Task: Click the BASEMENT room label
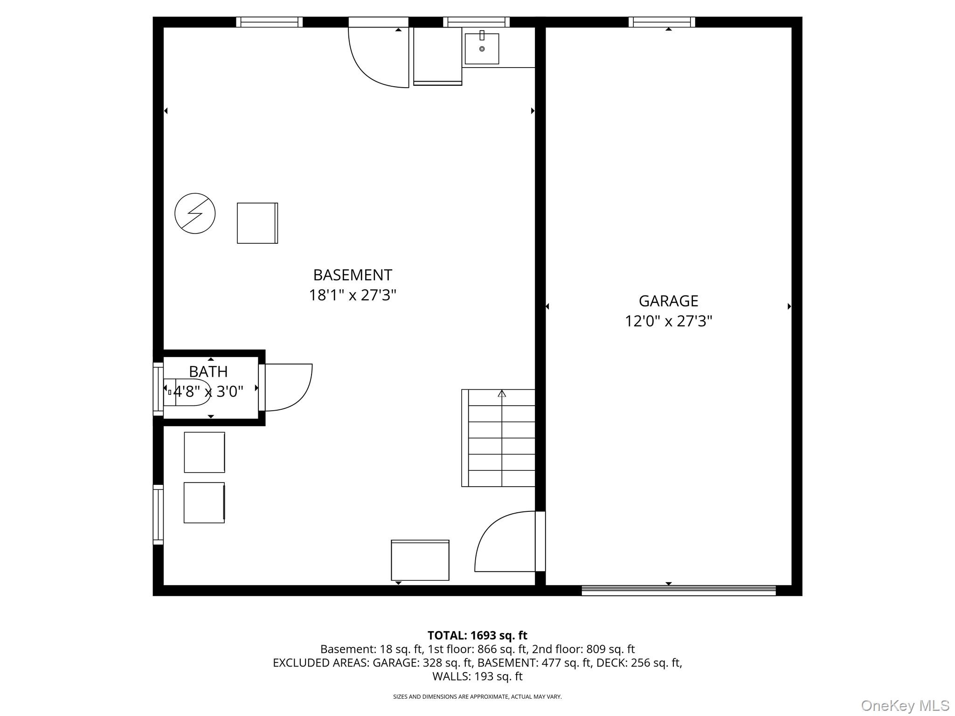point(352,275)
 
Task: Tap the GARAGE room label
point(668,301)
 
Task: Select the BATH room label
point(208,372)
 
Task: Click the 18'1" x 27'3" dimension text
point(352,296)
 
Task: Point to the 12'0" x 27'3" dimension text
point(668,322)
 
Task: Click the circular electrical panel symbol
point(195,213)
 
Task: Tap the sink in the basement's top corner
point(482,48)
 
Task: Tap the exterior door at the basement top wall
point(378,56)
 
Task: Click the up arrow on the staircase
point(502,393)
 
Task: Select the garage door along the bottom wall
point(678,591)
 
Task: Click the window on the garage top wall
point(661,22)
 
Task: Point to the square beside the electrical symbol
point(257,223)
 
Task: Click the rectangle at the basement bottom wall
point(420,560)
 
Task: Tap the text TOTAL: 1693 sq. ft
point(477,635)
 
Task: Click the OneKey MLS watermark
point(905,705)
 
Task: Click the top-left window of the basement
point(269,22)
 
